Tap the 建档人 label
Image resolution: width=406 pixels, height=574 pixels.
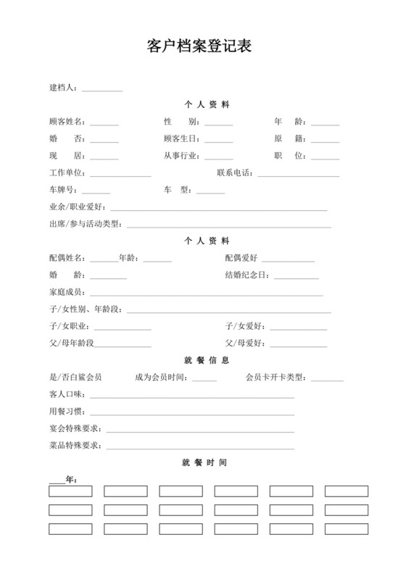tap(64, 88)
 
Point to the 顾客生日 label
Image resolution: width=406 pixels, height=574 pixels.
tap(183, 138)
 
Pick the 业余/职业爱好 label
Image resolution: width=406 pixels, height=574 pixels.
tap(77, 207)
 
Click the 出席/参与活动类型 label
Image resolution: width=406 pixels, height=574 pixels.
tap(85, 224)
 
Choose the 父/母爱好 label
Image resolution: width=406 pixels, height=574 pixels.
tap(245, 343)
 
